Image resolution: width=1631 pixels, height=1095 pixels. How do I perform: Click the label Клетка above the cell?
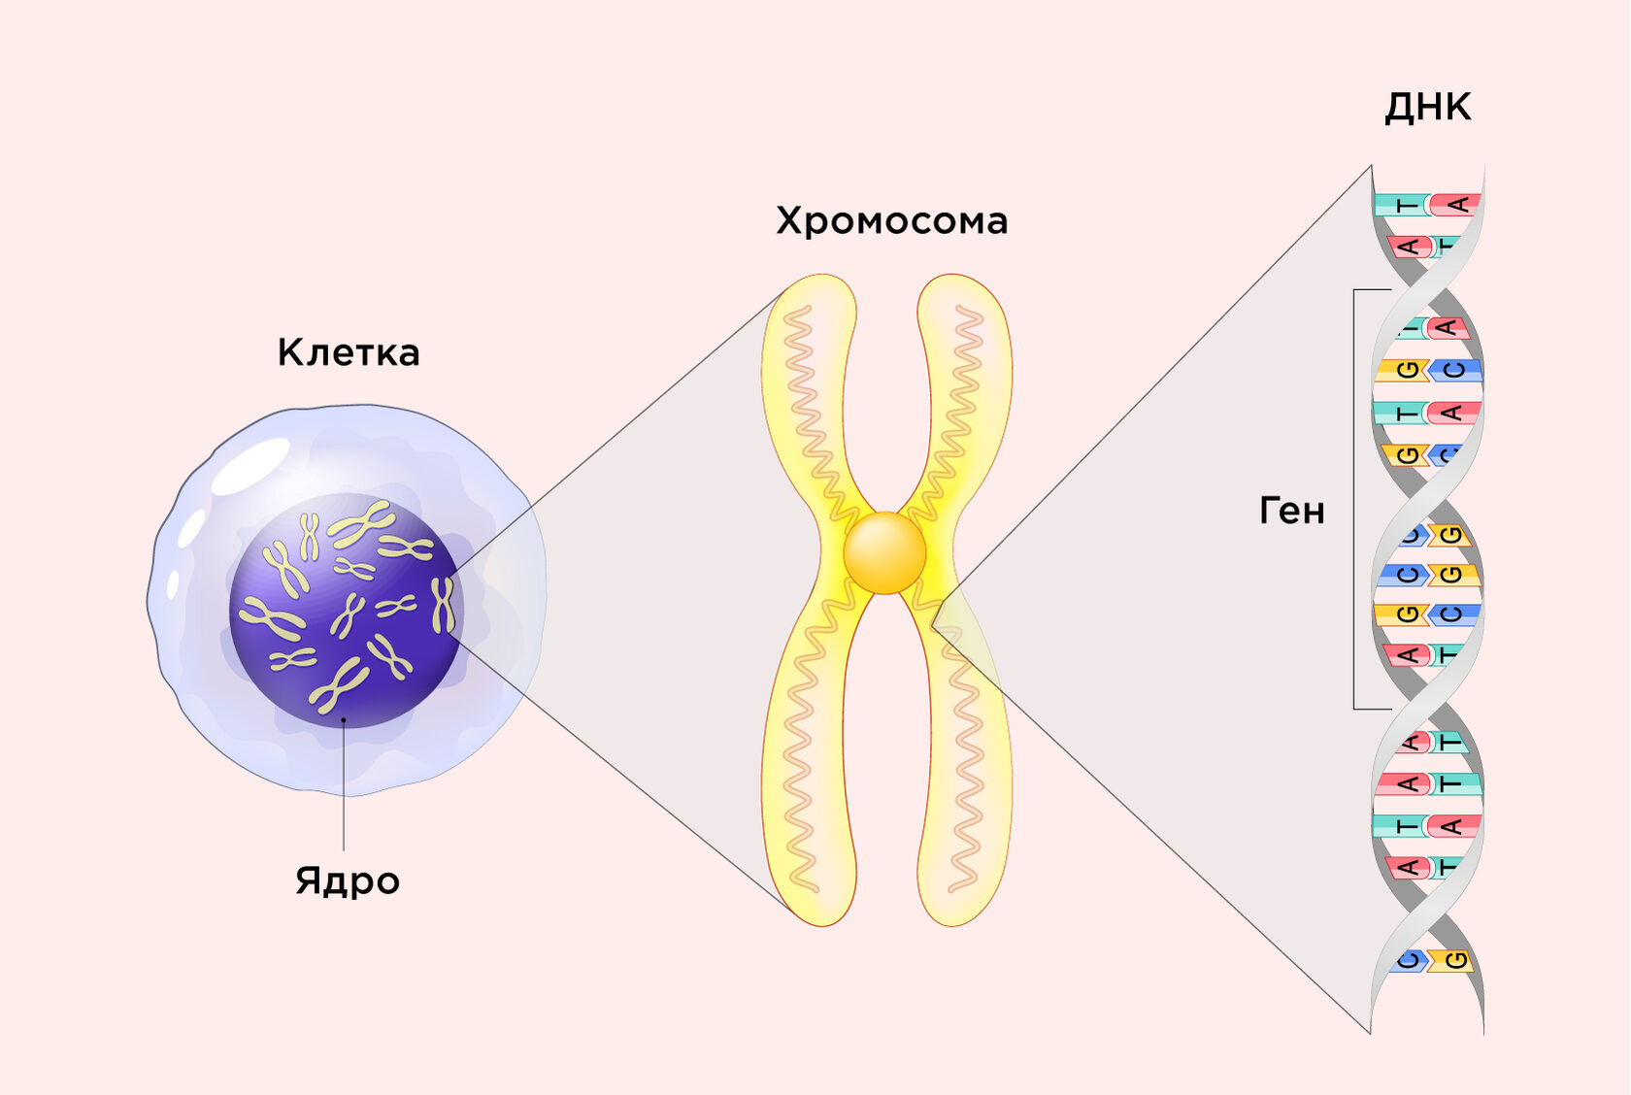(x=349, y=352)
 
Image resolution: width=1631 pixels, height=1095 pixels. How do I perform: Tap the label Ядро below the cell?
(x=348, y=880)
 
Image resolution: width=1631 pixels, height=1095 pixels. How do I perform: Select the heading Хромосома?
(x=891, y=221)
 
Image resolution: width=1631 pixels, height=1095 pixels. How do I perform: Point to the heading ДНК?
(x=1427, y=107)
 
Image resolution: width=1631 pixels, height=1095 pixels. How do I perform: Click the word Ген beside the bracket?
(x=1291, y=511)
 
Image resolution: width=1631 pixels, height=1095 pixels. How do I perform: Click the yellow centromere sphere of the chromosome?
(x=884, y=552)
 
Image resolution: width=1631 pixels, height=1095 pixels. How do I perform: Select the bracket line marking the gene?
(x=1355, y=500)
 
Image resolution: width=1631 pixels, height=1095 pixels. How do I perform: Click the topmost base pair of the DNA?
(x=1427, y=205)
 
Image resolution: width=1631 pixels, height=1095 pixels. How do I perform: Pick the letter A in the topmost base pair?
(x=1456, y=205)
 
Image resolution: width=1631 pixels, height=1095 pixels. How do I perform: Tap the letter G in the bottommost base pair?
(x=1454, y=961)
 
